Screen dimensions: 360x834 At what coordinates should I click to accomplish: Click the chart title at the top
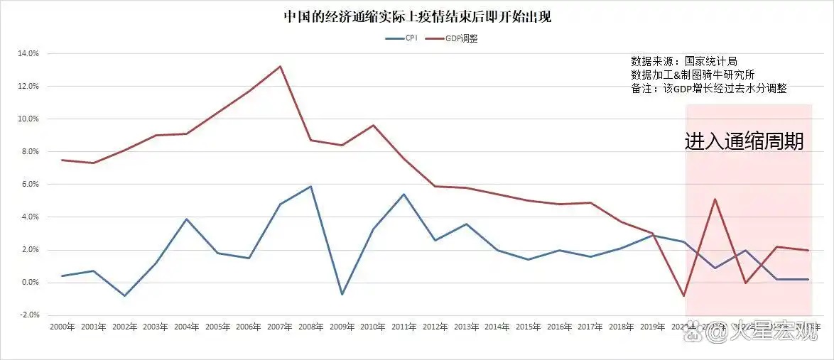pos(417,16)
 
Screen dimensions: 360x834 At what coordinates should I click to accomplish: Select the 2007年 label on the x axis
pos(280,327)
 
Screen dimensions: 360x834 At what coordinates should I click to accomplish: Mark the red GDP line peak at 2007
pos(280,66)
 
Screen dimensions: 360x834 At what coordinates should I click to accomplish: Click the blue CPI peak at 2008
pos(311,186)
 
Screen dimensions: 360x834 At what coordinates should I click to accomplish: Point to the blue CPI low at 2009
pos(342,294)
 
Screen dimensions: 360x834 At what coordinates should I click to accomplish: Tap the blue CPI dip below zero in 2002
pos(124,295)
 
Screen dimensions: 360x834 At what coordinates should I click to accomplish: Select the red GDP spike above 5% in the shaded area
pos(715,199)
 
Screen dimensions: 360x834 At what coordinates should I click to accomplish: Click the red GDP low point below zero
pos(683,295)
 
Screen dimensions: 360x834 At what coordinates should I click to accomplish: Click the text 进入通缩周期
pos(744,141)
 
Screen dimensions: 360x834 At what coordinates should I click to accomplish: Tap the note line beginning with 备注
pos(708,89)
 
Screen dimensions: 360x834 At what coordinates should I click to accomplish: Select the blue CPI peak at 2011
pos(404,194)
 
